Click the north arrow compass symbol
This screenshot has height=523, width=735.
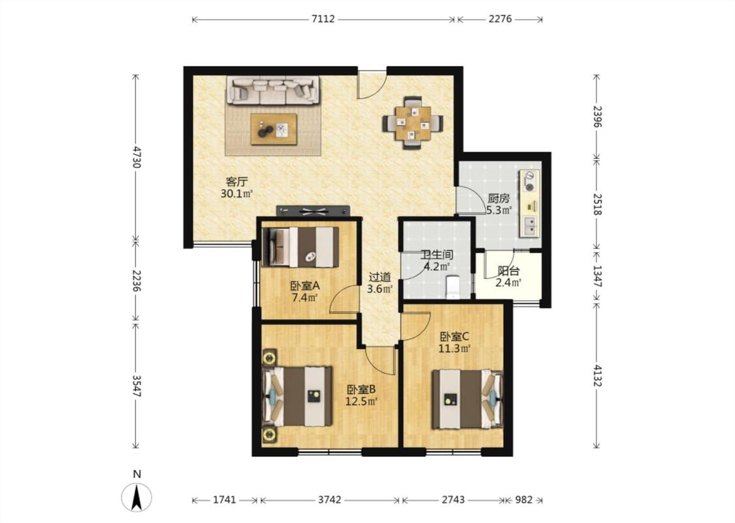tap(137, 497)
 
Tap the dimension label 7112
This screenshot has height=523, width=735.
tap(323, 19)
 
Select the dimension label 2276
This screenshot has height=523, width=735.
tap(500, 19)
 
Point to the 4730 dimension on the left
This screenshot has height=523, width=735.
tap(136, 157)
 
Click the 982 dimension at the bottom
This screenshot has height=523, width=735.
tap(523, 500)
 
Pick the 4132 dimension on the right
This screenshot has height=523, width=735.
tap(596, 375)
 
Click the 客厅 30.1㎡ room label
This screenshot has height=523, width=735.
tap(237, 188)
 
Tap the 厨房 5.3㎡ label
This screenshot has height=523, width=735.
tap(498, 204)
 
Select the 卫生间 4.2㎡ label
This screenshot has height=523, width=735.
tap(437, 261)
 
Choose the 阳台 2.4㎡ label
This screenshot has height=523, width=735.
tap(508, 277)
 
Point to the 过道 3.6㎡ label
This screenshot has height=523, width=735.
tap(379, 283)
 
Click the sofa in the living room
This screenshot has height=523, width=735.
tap(274, 90)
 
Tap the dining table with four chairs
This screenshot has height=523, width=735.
tap(412, 123)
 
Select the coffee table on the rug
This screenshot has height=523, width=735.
tap(274, 129)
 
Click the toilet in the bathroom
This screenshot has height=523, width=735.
tap(452, 287)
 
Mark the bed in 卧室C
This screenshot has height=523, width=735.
tap(467, 399)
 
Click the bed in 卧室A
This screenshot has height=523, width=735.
tap(300, 246)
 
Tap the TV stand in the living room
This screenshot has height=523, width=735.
tap(313, 211)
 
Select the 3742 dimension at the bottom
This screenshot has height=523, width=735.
tap(329, 500)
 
